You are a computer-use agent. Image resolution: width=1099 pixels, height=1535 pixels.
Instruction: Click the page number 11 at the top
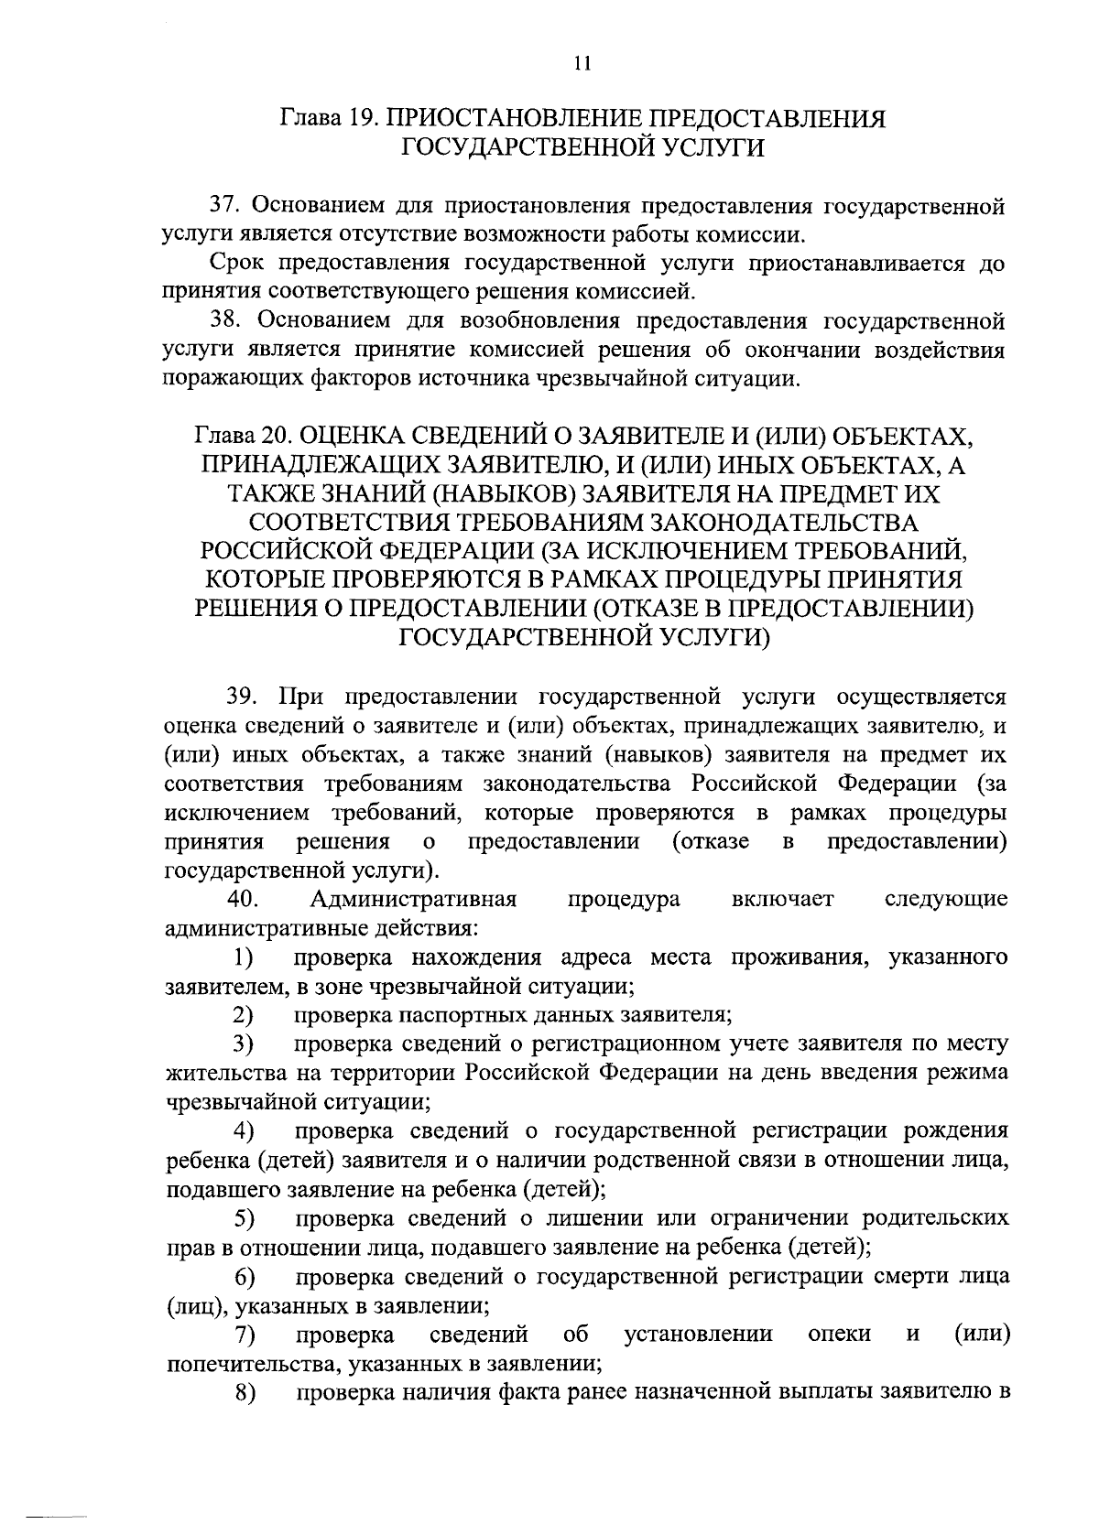coord(582,63)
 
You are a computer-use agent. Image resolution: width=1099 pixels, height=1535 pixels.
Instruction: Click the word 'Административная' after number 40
coord(414,899)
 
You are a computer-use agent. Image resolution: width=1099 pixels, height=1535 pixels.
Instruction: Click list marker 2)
coord(242,1015)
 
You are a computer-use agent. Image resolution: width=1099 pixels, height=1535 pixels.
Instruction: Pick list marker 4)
coord(243,1131)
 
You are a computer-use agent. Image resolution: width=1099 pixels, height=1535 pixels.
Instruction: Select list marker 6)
coord(244,1277)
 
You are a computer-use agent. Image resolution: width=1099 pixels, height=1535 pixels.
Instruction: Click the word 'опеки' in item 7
coord(840,1335)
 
